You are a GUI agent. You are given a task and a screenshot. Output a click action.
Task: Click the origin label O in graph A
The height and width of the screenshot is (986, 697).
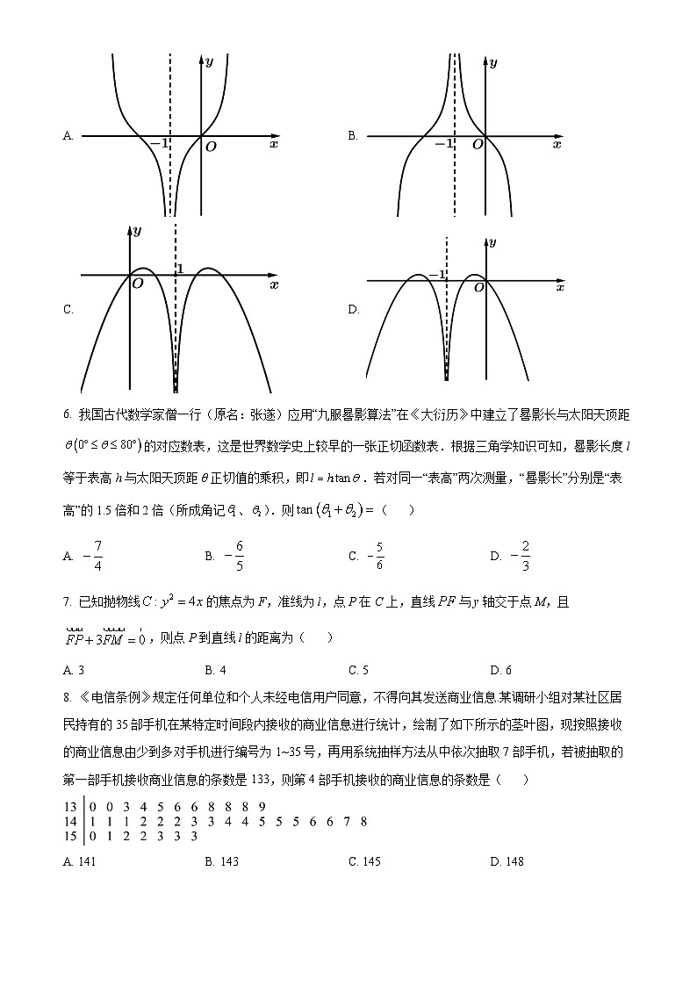coord(211,147)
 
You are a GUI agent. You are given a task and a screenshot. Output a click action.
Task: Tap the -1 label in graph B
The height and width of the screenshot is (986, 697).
coord(444,143)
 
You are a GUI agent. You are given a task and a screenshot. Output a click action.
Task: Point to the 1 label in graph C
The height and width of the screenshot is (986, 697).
coord(181,269)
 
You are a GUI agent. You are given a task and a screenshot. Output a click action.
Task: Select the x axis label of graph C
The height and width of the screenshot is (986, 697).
coord(274,284)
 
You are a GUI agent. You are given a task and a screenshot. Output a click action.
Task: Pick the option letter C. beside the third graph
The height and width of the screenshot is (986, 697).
coord(68,309)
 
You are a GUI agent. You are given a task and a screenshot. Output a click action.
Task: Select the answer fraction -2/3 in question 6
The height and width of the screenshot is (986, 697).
coord(521,556)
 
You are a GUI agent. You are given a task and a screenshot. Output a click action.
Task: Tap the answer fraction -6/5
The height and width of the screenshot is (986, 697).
coord(235,556)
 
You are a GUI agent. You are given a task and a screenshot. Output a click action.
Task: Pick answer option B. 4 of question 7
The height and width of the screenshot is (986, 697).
coord(215,671)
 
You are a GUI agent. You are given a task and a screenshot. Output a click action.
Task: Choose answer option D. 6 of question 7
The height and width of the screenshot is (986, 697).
coord(500,671)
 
